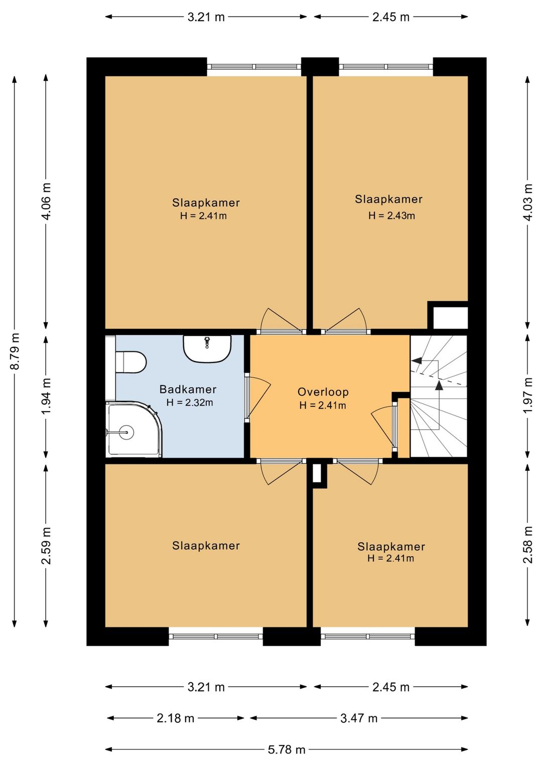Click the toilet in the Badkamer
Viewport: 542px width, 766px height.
tap(131, 362)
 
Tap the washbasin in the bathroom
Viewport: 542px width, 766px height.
tap(207, 348)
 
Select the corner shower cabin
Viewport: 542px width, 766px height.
tap(133, 430)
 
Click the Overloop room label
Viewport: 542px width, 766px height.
tap(323, 392)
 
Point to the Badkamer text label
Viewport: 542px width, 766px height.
tap(188, 389)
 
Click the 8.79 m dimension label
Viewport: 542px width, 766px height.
tap(15, 351)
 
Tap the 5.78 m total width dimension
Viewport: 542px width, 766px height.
tap(286, 750)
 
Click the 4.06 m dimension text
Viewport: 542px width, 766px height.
tap(46, 201)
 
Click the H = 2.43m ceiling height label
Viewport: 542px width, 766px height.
tap(391, 215)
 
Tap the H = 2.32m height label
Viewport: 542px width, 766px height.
tap(190, 403)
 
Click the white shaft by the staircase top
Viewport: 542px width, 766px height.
tap(450, 318)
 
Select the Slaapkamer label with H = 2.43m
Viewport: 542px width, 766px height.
tap(388, 199)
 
